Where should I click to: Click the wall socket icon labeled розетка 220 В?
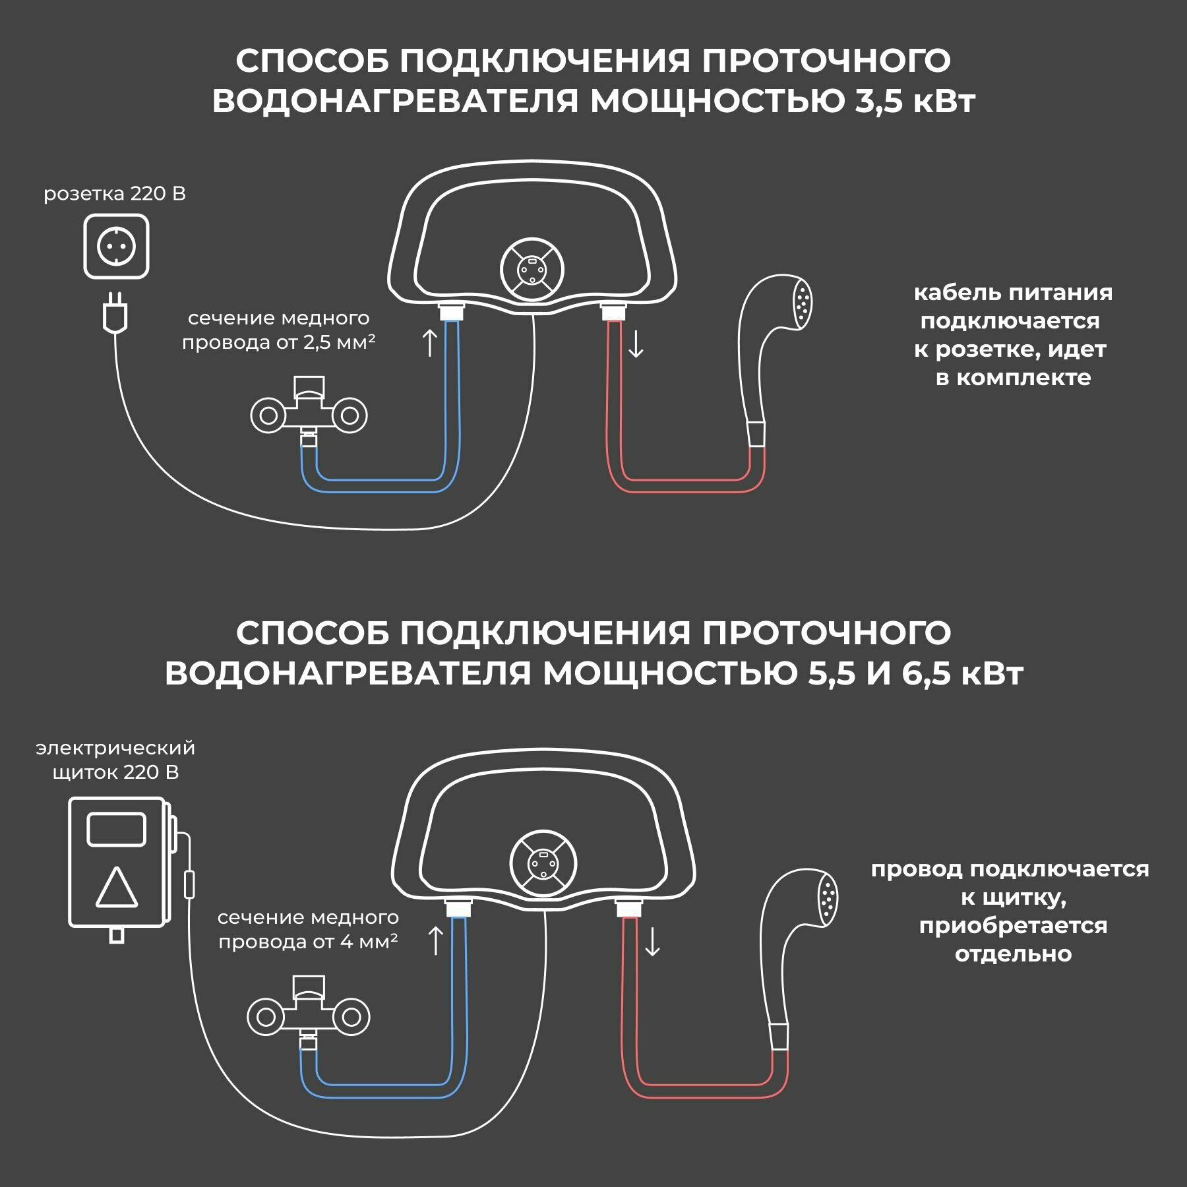[116, 247]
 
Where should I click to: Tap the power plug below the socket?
[115, 314]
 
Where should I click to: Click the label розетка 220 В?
[114, 194]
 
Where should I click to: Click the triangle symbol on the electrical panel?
[117, 888]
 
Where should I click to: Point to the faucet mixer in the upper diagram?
[309, 410]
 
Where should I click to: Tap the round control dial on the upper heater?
[532, 269]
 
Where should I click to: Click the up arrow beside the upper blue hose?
[429, 343]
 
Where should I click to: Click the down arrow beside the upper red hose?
[636, 344]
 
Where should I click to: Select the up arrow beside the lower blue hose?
[435, 940]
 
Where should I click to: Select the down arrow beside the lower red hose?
[652, 942]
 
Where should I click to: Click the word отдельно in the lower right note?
[1013, 954]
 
